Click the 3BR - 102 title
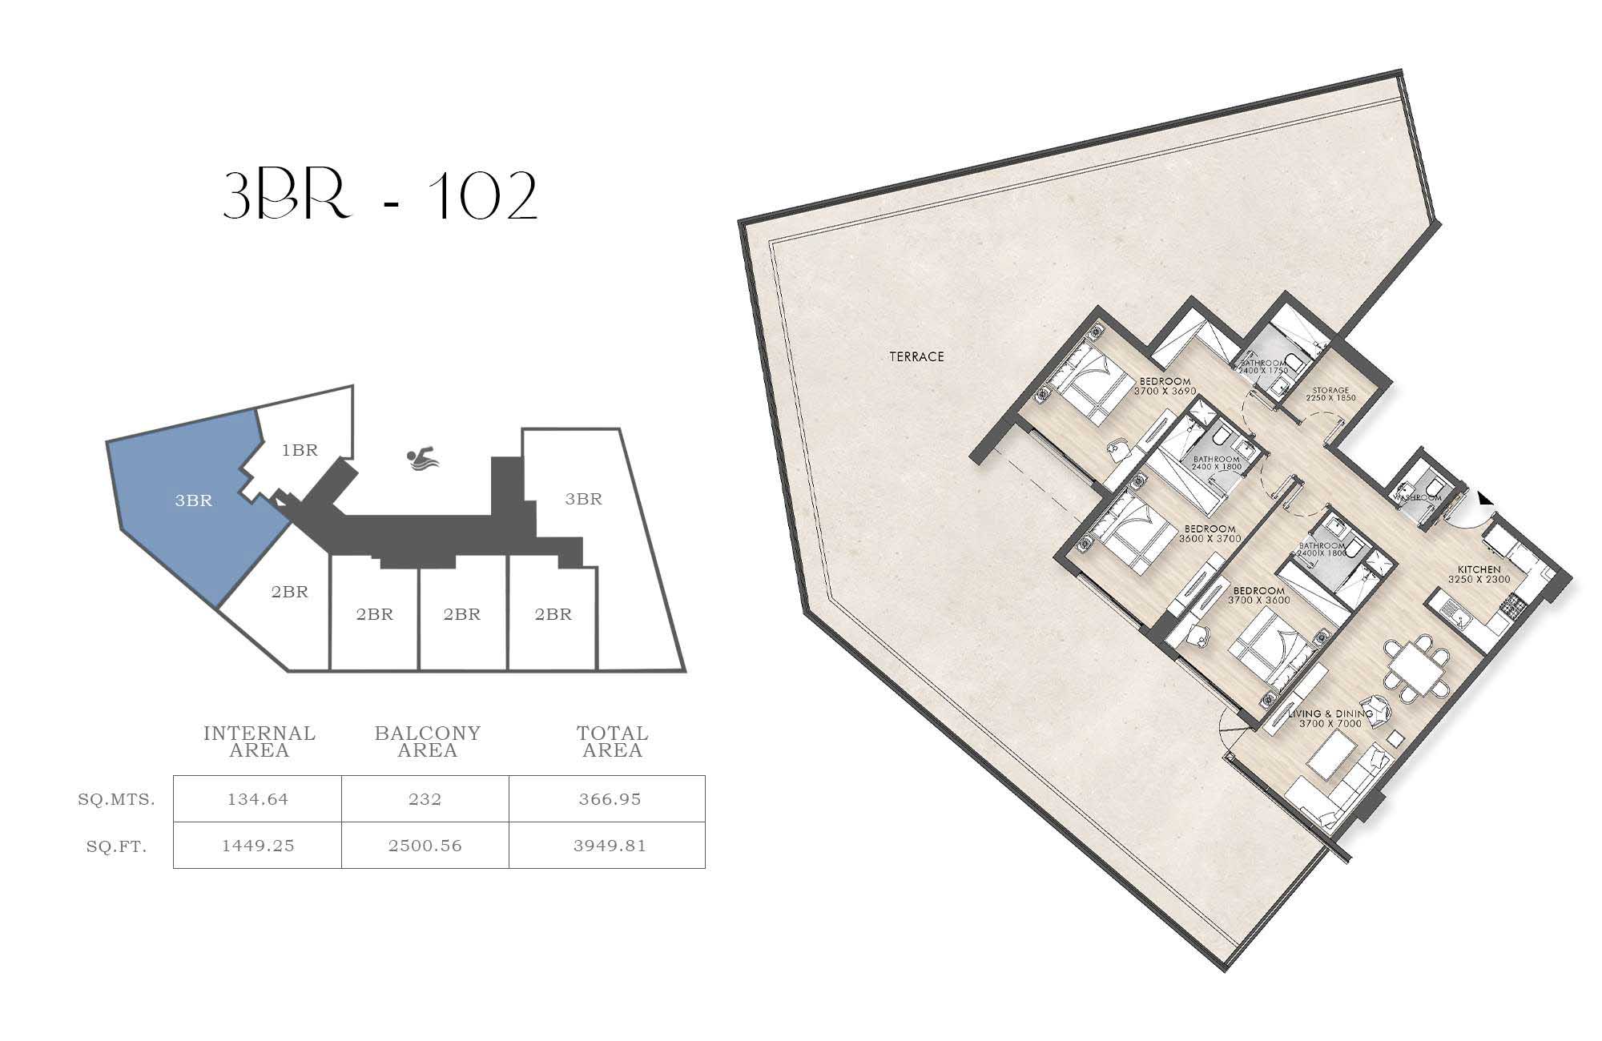pos(380,196)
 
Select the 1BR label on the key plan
pos(300,450)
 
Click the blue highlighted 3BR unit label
pos(194,500)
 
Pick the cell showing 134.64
pos(258,799)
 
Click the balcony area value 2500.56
pos(425,846)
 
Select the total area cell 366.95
pos(610,799)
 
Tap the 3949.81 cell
pos(610,846)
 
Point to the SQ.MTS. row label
pos(117,799)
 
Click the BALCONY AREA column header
pos(428,742)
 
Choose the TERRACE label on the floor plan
pos(916,356)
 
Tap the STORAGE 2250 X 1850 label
pos(1330,394)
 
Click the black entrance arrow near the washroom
pos(1485,499)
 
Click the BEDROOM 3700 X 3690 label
pos(1165,386)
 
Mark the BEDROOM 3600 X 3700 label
pos(1210,533)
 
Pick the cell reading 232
pos(425,799)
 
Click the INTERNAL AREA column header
pos(260,742)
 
